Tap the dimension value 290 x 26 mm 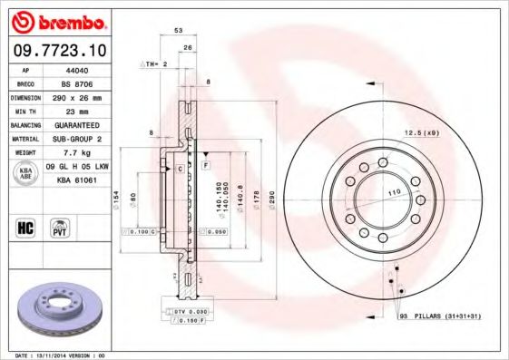coord(76,96)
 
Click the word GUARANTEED coord(76,124)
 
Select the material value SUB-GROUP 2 coord(76,139)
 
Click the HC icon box coord(25,227)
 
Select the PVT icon coord(61,227)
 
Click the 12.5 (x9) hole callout coord(421,133)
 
